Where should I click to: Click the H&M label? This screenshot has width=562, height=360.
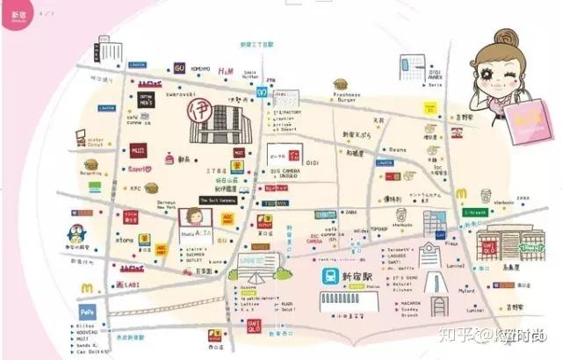[225, 71]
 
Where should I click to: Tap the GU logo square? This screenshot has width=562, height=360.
[179, 68]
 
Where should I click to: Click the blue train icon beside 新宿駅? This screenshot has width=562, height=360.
[328, 275]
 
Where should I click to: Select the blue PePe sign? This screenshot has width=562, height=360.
[87, 311]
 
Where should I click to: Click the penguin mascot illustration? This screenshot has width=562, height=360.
[78, 233]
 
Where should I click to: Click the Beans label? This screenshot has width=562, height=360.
[398, 150]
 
